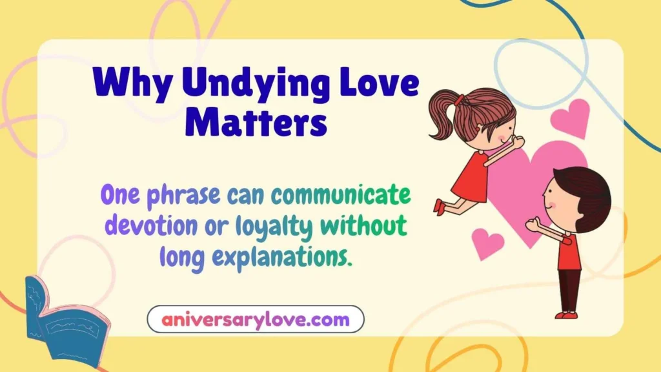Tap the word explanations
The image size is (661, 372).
click(283, 257)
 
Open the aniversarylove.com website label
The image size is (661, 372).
click(256, 319)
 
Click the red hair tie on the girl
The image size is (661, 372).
click(459, 100)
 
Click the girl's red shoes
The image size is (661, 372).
click(440, 206)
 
